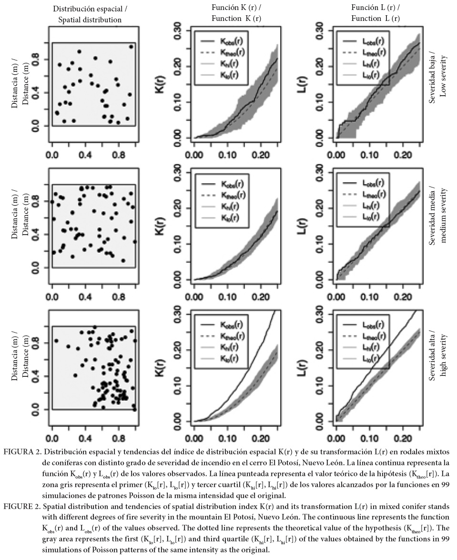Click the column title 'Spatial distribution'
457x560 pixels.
[x=90, y=20]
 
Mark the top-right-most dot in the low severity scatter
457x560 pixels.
[x=131, y=47]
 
